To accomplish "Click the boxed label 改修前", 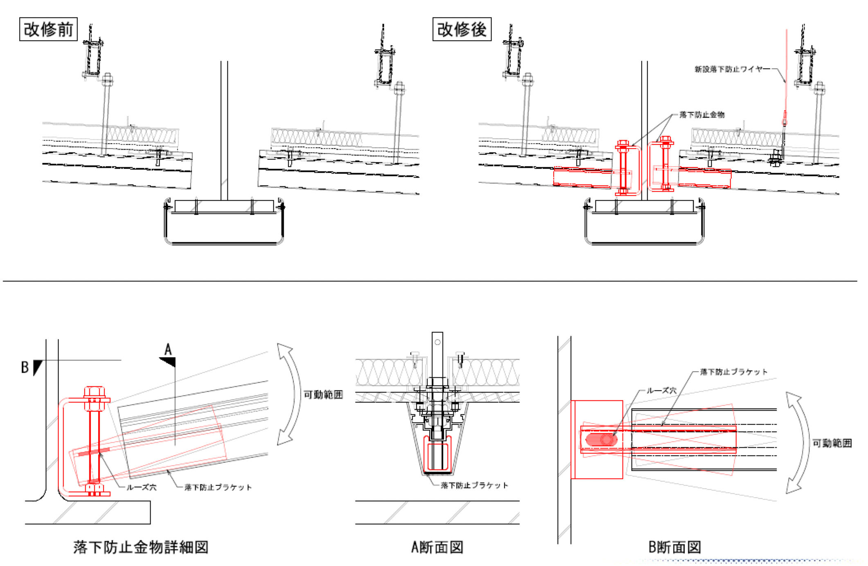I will (x=48, y=29).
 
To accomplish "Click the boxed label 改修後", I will (x=462, y=29).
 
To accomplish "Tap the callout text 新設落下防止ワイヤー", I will (x=729, y=69).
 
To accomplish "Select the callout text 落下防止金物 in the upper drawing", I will (x=702, y=115).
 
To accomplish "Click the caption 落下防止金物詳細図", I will (x=141, y=547).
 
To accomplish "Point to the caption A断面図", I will (x=437, y=547).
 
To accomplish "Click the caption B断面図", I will (x=675, y=547).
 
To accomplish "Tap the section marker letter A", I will (x=168, y=350).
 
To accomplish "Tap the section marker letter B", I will (x=25, y=367).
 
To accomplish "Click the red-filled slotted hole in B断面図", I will (x=601, y=440).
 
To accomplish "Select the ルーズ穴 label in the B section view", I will (x=661, y=390).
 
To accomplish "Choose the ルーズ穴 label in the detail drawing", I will (x=141, y=487).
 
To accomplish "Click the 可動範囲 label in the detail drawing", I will (x=323, y=394).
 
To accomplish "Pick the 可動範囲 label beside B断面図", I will (x=832, y=443).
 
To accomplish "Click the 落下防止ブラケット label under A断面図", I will (x=474, y=485).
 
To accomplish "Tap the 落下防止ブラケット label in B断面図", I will (x=733, y=372).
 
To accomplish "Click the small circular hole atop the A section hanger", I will (x=437, y=342).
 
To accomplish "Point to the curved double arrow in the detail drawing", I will (x=291, y=394).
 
